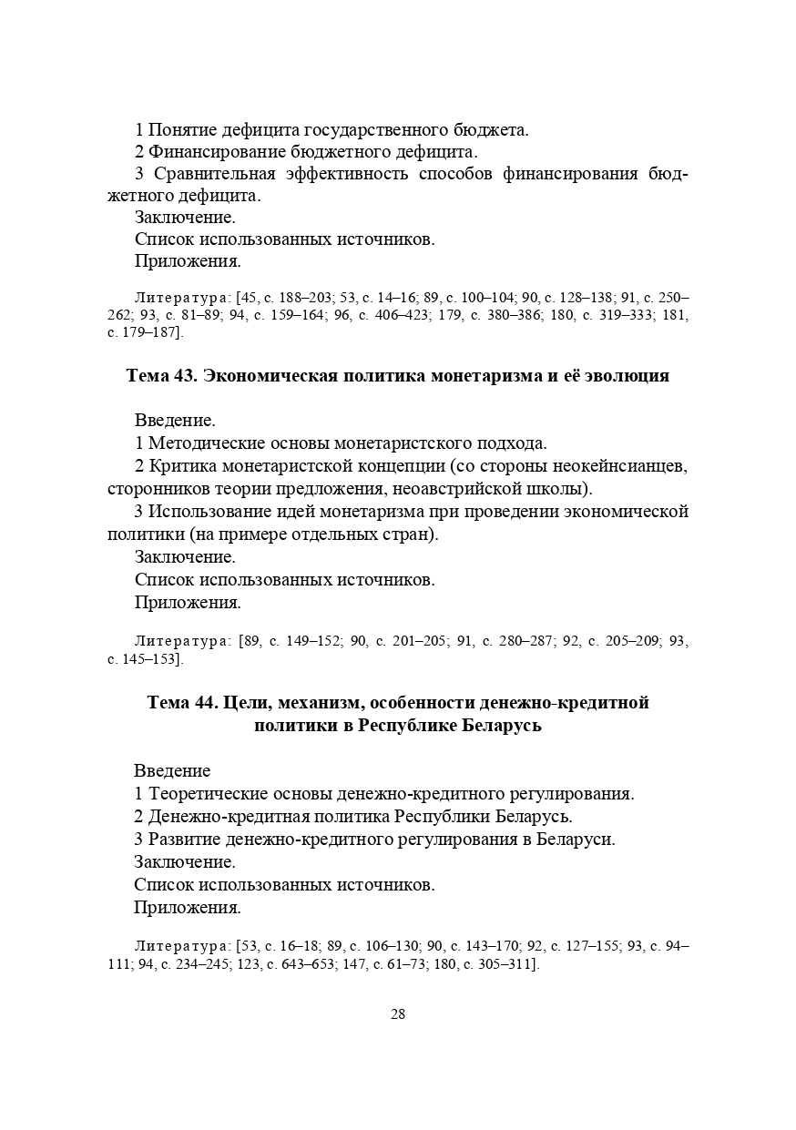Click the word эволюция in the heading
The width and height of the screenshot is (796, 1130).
(x=627, y=376)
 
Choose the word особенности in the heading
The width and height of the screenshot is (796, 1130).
(x=445, y=703)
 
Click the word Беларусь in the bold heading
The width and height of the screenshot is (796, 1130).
(x=503, y=726)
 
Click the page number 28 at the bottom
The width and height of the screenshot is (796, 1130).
(x=398, y=1014)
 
